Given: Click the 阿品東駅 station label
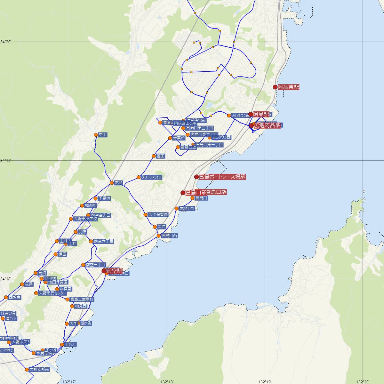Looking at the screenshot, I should (288, 87).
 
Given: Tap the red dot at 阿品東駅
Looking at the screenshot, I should (275, 87).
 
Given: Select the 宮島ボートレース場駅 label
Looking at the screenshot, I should (222, 177).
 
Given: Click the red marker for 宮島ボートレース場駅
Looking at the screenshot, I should (196, 177).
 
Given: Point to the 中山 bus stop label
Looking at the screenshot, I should (103, 135).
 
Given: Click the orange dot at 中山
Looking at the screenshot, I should (96, 135).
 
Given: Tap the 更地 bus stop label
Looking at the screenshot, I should (118, 183).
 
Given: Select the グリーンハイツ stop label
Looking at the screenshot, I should (152, 177).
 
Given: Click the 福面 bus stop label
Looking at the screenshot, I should (161, 156).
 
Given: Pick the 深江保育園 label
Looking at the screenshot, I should (158, 215).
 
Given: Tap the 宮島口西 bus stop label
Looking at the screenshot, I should (169, 236).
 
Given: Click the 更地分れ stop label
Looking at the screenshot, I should (187, 209).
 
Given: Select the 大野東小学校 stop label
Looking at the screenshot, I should (85, 219).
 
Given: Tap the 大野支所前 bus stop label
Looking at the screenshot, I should (39, 370).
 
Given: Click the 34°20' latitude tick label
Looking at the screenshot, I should (6, 42).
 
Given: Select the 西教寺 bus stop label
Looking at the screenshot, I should (15, 297).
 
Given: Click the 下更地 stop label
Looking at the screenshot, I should (104, 198).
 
